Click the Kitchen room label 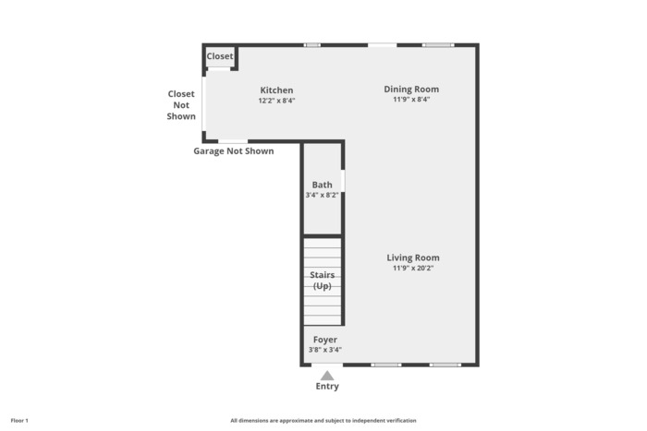[x=276, y=90]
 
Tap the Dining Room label [x=411, y=90]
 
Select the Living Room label [x=413, y=257]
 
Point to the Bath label [x=322, y=185]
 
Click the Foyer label [x=325, y=340]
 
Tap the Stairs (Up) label [x=323, y=281]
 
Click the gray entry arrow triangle [x=327, y=376]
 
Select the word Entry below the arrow [x=327, y=386]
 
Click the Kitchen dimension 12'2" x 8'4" [x=276, y=101]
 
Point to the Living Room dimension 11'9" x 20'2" [x=413, y=269]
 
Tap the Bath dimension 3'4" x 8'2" [x=322, y=195]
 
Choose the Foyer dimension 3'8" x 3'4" [x=325, y=350]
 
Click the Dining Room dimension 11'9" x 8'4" [x=411, y=100]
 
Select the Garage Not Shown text [x=234, y=151]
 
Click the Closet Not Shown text [x=181, y=105]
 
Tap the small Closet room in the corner [x=220, y=57]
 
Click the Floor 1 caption [x=19, y=421]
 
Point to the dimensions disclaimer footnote [x=323, y=421]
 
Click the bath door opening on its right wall [x=343, y=181]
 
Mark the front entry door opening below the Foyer [x=327, y=365]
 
